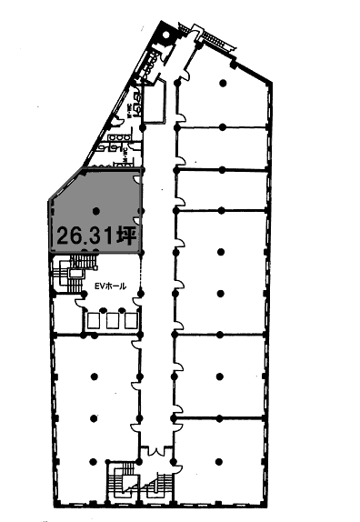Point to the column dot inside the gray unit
pos(95,212)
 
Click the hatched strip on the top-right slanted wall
pos(215,41)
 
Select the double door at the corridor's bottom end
pos(155,451)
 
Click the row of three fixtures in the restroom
pos(117,138)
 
